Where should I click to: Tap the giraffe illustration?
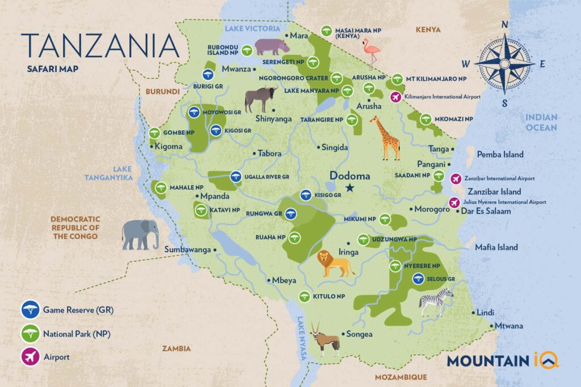386,138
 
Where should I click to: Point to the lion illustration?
335,264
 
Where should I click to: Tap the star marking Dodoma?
350,188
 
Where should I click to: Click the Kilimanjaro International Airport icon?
396,97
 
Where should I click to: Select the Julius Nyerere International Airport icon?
454,202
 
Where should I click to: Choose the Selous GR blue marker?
418,278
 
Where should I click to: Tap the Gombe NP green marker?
154,133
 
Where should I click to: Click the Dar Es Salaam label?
487,211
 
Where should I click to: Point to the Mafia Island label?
498,247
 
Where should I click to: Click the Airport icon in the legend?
29,356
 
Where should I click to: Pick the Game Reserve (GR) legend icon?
29,310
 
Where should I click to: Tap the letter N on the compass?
503,25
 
